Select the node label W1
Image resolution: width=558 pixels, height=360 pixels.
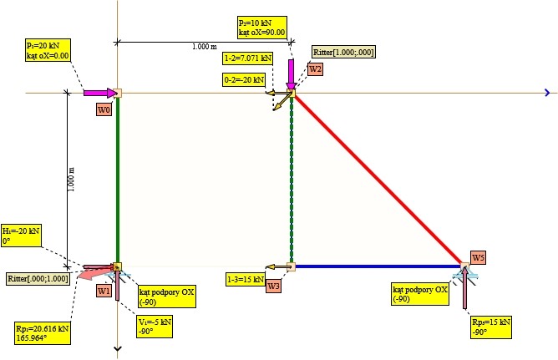[x=104, y=291]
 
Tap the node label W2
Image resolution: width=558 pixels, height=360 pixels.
[x=315, y=69]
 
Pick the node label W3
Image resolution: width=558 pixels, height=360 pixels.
[x=274, y=286]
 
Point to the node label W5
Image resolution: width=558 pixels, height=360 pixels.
[x=478, y=257]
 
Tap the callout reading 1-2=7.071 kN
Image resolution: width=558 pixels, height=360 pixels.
[x=248, y=58]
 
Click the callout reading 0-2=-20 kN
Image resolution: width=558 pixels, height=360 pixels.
[x=244, y=80]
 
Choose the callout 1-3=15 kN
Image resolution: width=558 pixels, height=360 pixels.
[x=245, y=279]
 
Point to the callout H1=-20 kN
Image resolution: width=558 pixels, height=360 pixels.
[x=21, y=235]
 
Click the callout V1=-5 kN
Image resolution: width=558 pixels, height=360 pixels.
[x=154, y=326]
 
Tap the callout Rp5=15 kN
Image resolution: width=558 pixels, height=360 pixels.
[x=490, y=326]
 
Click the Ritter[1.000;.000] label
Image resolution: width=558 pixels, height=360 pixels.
[x=343, y=53]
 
